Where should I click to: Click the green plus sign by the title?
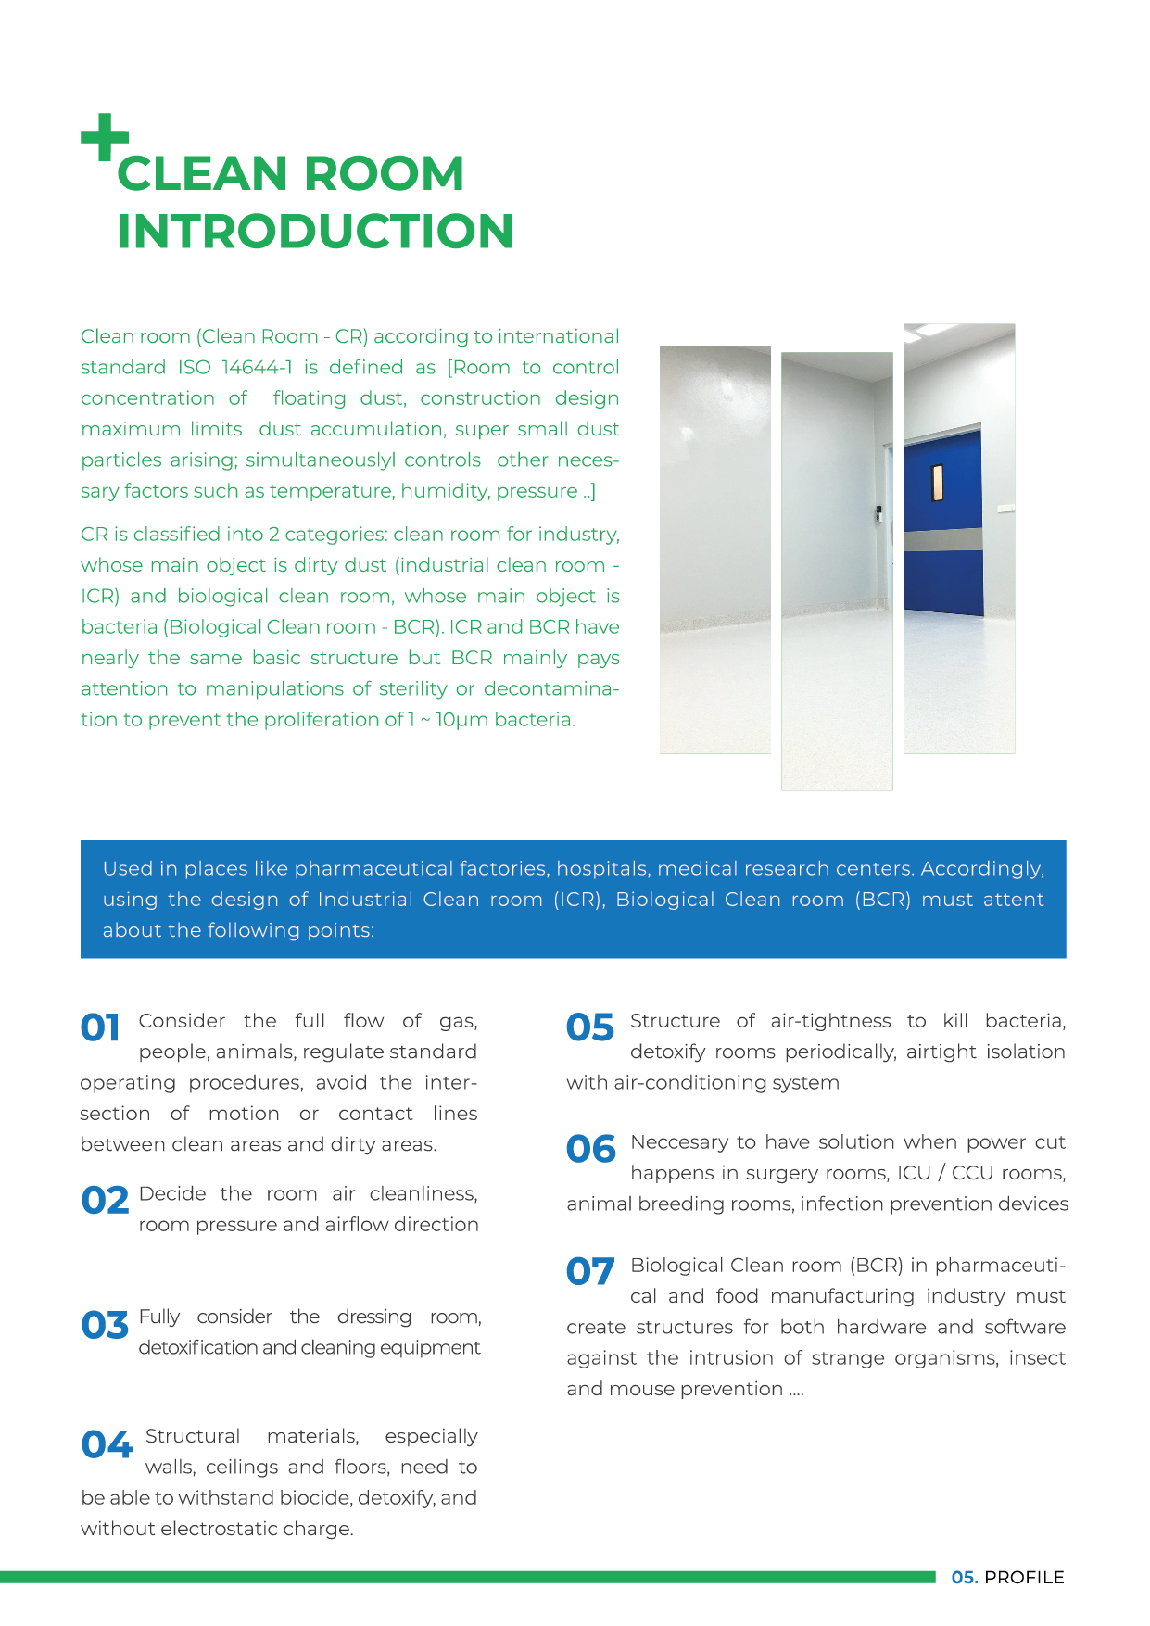pyautogui.click(x=104, y=137)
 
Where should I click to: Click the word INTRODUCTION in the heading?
pyautogui.click(x=315, y=232)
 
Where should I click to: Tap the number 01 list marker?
pyautogui.click(x=100, y=1027)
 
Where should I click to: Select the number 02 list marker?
pyautogui.click(x=105, y=1201)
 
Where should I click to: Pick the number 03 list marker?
pyautogui.click(x=105, y=1325)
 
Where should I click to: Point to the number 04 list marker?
pyautogui.click(x=107, y=1444)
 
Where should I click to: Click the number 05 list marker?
pyautogui.click(x=590, y=1027)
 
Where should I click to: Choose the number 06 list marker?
pyautogui.click(x=591, y=1150)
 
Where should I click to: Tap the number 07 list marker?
pyautogui.click(x=590, y=1272)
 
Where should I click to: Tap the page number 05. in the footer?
pyautogui.click(x=964, y=1578)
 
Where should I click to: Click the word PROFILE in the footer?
pyautogui.click(x=1024, y=1578)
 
